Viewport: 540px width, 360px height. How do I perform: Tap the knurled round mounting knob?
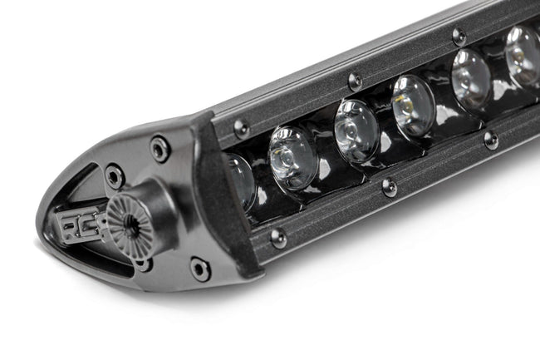click(131, 226)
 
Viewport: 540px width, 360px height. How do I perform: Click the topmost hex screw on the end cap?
click(160, 149)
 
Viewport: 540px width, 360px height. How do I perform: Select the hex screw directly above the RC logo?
click(114, 176)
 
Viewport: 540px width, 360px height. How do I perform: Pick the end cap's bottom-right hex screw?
click(199, 269)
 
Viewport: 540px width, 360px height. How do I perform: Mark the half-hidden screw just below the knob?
click(145, 264)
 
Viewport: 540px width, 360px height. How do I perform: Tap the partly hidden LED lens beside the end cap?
click(240, 181)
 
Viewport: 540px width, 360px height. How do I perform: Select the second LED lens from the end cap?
click(292, 158)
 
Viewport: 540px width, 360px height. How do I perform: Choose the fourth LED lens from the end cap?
click(413, 106)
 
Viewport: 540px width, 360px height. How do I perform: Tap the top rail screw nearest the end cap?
click(241, 128)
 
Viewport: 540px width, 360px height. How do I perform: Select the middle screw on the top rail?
click(355, 81)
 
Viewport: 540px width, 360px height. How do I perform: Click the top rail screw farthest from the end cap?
click(459, 37)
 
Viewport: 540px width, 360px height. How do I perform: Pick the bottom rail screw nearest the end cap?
click(278, 238)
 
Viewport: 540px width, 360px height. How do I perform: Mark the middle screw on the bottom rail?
click(389, 187)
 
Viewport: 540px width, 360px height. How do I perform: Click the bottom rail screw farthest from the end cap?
click(491, 140)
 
